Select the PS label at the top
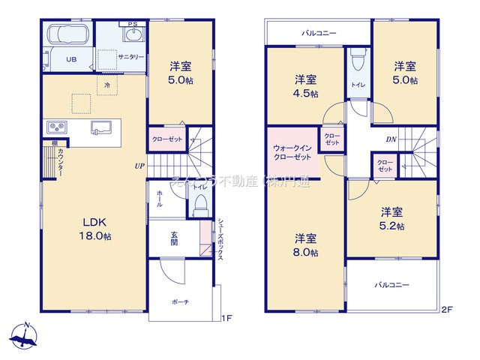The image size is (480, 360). pos(133,24)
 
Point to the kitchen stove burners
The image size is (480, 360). pos(57,126)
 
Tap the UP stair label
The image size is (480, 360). pos(139,166)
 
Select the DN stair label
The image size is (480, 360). pos(391,139)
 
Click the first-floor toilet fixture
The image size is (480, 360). pos(199,205)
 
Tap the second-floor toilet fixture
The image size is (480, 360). pos(357,58)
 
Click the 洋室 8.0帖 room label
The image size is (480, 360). pos(304,245)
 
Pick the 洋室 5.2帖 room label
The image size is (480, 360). pos(391,218)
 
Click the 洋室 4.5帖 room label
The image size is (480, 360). pos(304,85)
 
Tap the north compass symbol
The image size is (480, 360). pos(25,336)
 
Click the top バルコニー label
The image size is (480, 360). pos(319,33)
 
